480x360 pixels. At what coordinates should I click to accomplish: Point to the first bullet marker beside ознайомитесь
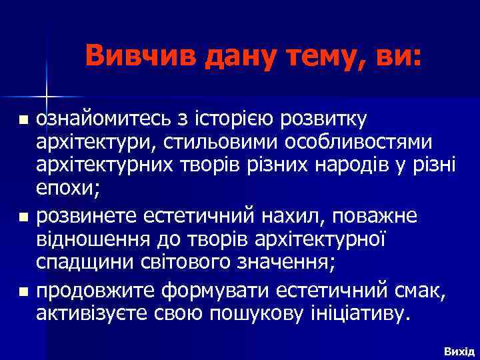[x=24, y=121]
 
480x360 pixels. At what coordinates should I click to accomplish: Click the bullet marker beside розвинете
[x=24, y=217]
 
